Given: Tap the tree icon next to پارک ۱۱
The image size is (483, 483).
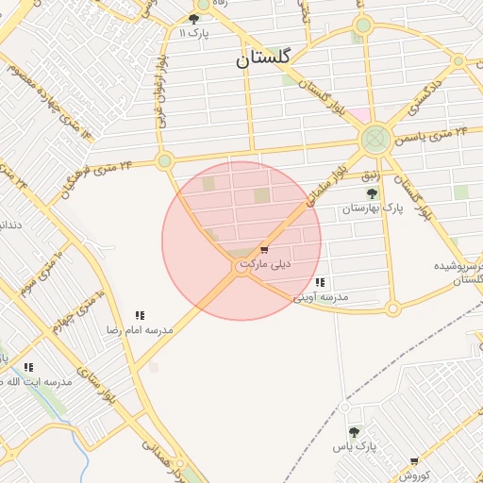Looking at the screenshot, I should (193, 19).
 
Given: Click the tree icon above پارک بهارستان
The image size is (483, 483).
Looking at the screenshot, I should (371, 193).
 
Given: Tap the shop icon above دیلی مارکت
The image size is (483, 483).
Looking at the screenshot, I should (263, 250).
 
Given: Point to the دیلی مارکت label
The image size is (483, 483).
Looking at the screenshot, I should (266, 265).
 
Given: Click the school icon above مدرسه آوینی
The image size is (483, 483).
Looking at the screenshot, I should (321, 282).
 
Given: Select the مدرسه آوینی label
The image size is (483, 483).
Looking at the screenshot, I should (321, 297).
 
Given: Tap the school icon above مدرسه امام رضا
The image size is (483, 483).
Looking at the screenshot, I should (140, 315).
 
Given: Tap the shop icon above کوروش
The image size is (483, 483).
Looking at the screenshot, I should (413, 461).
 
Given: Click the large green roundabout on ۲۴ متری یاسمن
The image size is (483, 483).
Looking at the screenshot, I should (375, 140).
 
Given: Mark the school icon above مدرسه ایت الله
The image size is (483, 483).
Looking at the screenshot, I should (28, 367).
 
